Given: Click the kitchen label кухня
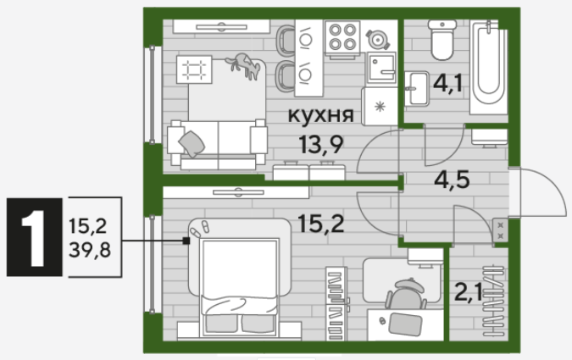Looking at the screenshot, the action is (x=320, y=115).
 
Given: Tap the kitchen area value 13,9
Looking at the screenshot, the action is (x=320, y=145).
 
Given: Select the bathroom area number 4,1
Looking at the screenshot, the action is (x=447, y=83).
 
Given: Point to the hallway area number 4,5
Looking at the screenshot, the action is (x=452, y=180).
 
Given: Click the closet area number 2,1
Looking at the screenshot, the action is (x=468, y=292).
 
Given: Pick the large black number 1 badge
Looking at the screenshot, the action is (x=34, y=237).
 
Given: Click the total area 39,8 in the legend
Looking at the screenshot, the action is (x=90, y=250).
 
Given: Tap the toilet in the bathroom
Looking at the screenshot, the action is (x=442, y=40).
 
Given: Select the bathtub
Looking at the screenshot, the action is (x=488, y=67).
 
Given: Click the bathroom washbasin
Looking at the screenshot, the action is (x=416, y=88).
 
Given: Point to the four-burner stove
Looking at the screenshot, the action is (x=342, y=36).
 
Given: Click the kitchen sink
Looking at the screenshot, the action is (x=381, y=68).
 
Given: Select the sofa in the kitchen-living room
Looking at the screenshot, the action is (x=218, y=145).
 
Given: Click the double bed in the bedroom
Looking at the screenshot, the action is (x=239, y=277).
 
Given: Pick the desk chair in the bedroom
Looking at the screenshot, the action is (x=407, y=294).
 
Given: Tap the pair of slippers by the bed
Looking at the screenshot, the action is (x=200, y=229).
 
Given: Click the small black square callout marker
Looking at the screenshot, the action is (x=186, y=241).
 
